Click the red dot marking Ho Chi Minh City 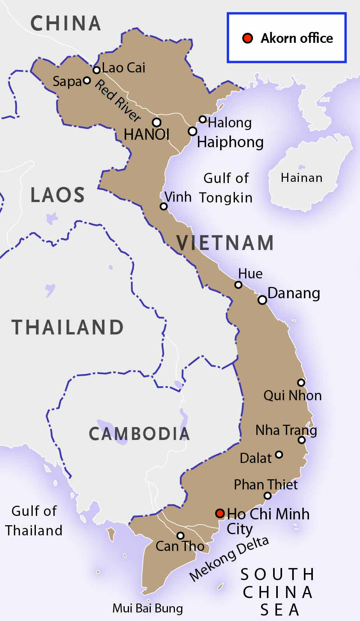tap(220, 513)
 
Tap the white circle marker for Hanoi tap(157, 122)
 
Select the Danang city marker tap(262, 300)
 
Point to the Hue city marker tap(238, 285)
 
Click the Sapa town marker tap(87, 81)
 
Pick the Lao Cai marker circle tap(97, 70)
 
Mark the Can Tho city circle tap(180, 536)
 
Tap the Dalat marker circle tap(279, 454)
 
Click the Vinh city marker tap(164, 206)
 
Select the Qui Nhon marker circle tap(301, 382)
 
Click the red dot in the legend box tap(248, 38)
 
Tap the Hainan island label tap(302, 178)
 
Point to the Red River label tap(118, 100)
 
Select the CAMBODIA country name tap(139, 434)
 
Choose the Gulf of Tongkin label tap(226, 188)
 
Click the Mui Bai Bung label tap(147, 608)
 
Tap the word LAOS tap(57, 195)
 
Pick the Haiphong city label tap(230, 142)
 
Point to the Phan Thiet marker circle tap(268, 496)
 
